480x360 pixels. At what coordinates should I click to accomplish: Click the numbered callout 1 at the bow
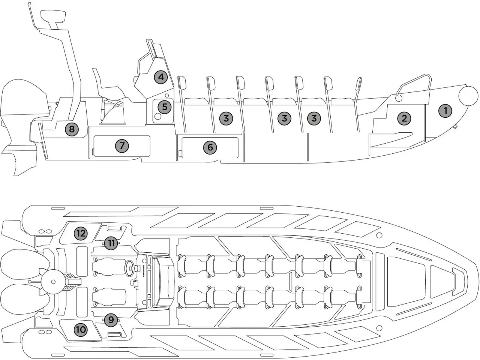pos(445,111)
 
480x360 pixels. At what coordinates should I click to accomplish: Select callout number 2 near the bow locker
pos(404,118)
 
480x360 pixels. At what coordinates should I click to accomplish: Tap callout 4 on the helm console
pos(161,77)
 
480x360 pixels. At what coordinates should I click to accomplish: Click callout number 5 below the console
pos(164,107)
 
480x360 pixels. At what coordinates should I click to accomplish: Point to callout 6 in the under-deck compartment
pos(210,147)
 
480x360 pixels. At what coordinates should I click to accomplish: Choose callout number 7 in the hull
pos(122,145)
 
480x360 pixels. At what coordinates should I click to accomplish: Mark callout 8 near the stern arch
pos(72,130)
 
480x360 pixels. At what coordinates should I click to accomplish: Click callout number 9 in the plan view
pos(111,320)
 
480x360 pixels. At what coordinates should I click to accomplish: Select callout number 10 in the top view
pos(81,330)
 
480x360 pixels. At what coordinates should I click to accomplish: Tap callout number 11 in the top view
pos(111,243)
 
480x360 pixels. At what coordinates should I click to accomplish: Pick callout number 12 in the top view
pos(81,233)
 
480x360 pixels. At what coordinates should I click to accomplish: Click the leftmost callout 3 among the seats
pos(226,118)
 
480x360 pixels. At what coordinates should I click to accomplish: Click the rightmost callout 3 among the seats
pos(314,118)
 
